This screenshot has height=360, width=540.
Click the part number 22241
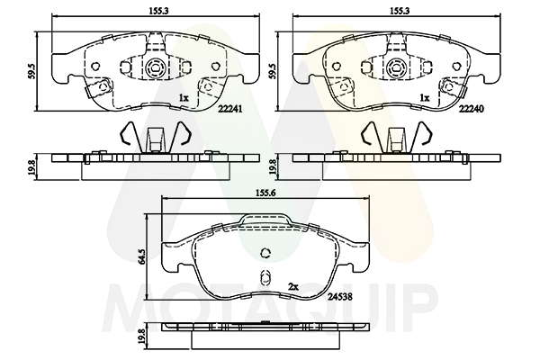click(230, 109)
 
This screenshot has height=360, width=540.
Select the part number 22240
click(471, 109)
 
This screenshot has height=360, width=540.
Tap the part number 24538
click(339, 296)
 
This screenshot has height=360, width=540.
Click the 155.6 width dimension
click(265, 193)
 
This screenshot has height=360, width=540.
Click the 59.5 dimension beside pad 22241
click(32, 71)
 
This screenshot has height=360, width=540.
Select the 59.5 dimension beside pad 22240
click(273, 71)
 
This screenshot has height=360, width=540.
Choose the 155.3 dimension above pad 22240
click(400, 11)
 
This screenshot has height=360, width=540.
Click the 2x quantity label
click(292, 286)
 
